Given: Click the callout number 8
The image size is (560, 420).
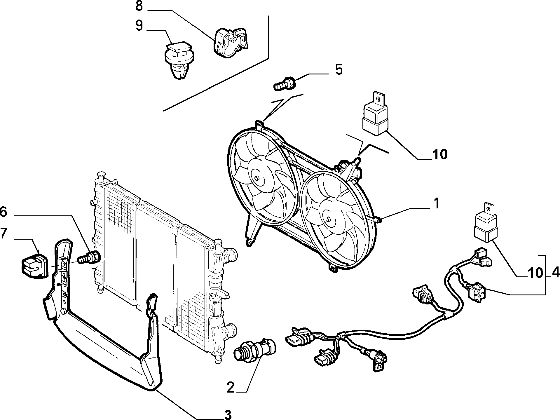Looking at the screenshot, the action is click(139, 6).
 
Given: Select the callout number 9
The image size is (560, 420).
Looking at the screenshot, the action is click(139, 26).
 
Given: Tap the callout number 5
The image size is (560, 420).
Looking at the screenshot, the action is click(339, 70).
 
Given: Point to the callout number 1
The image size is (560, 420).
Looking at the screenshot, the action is click(436, 204).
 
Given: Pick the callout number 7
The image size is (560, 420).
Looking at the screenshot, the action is click(4, 233).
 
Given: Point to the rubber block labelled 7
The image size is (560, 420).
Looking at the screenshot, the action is click(34, 266).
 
